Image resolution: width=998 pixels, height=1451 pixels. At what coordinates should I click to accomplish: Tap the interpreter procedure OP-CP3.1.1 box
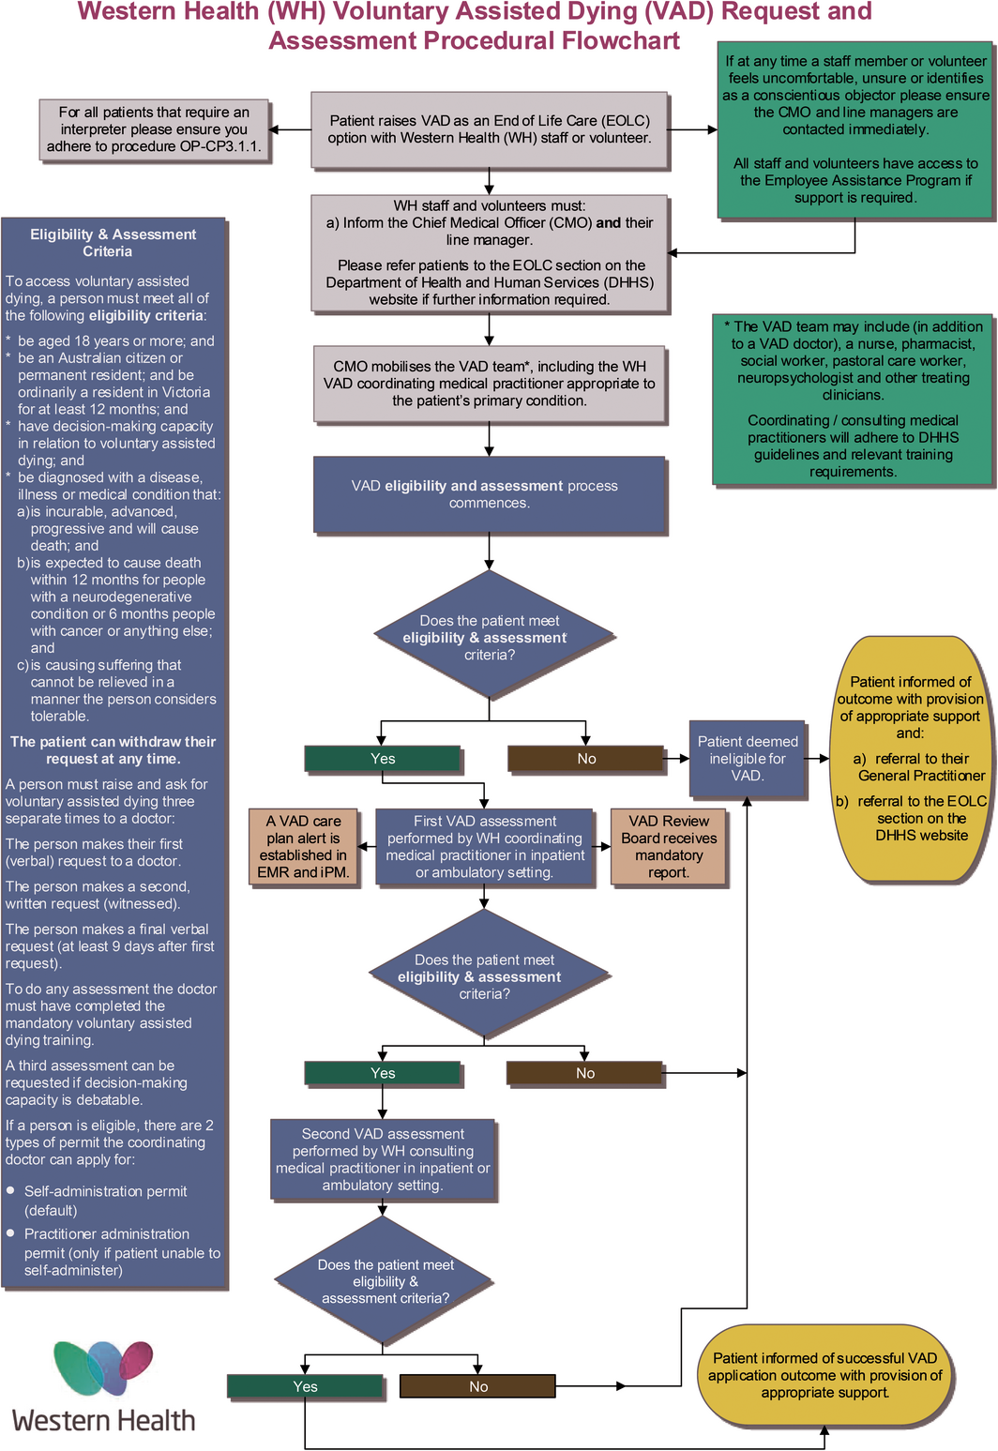click(x=154, y=130)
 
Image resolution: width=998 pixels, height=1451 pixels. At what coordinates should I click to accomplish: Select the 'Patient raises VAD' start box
click(x=489, y=129)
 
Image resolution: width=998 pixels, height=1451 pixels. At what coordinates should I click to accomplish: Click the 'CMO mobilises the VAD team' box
click(x=489, y=384)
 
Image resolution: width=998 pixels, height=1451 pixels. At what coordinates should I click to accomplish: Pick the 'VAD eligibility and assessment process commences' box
click(x=489, y=494)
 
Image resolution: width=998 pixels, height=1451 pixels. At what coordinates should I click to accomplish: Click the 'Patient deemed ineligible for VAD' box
click(x=747, y=759)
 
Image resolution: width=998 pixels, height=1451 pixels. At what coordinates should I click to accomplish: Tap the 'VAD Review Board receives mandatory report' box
click(x=669, y=847)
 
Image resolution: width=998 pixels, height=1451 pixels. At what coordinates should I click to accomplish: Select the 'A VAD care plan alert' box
click(x=303, y=847)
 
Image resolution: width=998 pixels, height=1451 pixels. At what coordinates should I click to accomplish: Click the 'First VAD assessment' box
click(x=484, y=847)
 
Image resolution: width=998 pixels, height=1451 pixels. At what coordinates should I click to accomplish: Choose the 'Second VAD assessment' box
click(x=382, y=1160)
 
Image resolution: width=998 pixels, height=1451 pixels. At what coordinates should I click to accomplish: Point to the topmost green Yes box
click(x=382, y=759)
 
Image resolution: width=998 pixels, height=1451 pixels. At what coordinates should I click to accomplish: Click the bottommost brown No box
click(x=477, y=1386)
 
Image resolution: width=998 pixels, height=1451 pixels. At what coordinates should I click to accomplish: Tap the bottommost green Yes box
click(x=305, y=1386)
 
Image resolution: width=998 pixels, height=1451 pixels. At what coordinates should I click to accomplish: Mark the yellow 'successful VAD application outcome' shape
click(x=824, y=1375)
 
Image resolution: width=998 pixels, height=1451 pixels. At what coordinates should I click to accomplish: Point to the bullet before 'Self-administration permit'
click(x=10, y=1190)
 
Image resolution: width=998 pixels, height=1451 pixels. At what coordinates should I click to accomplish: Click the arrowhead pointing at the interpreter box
click(x=273, y=129)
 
